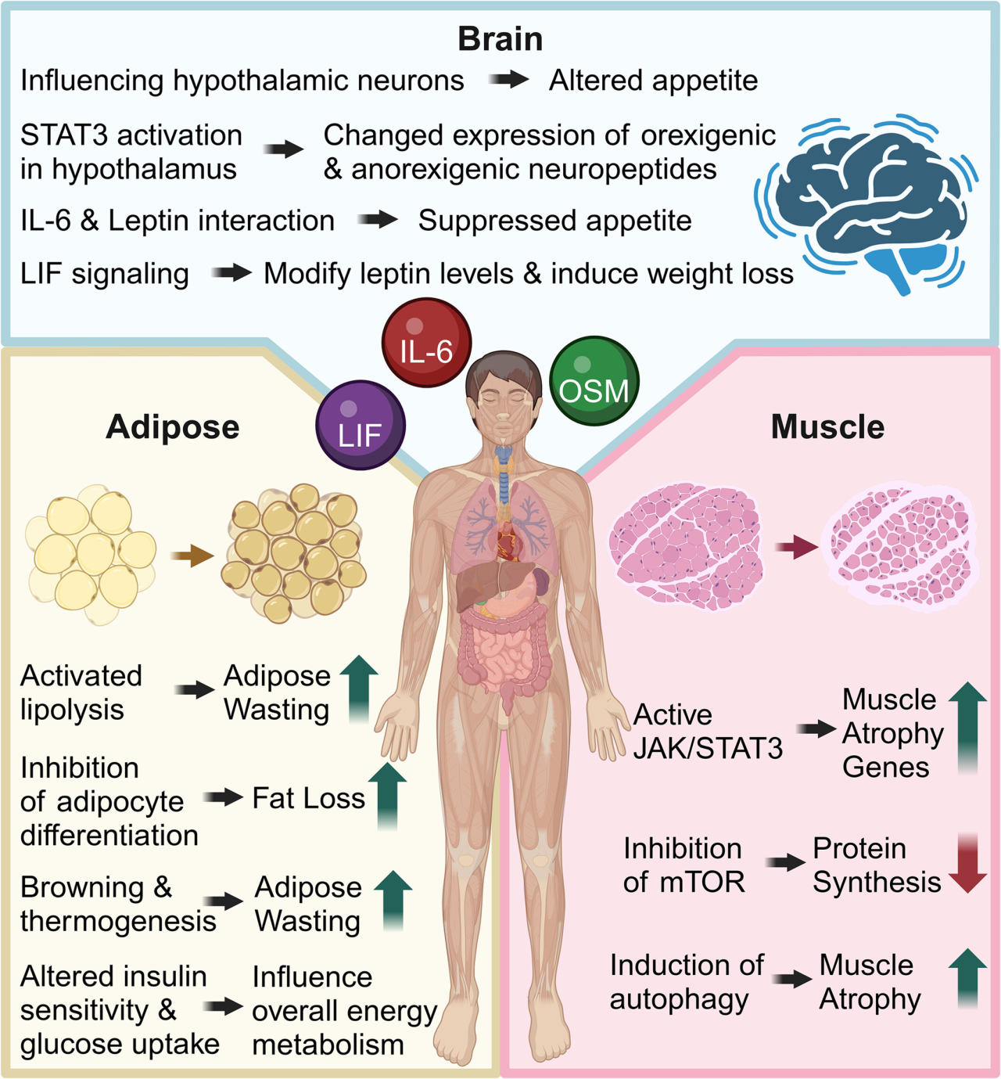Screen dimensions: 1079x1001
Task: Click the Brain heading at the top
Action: pyautogui.click(x=500, y=39)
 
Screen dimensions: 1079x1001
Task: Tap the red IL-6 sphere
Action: pyautogui.click(x=426, y=343)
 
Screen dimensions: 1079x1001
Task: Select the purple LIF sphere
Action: pyautogui.click(x=361, y=425)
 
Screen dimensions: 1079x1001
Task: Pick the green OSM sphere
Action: pyautogui.click(x=594, y=381)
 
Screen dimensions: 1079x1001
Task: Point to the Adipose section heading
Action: pyautogui.click(x=173, y=427)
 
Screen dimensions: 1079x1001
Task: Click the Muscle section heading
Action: pyautogui.click(x=827, y=427)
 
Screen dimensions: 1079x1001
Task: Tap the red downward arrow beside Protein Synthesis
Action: pyautogui.click(x=967, y=863)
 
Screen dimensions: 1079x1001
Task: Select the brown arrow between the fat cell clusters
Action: pyautogui.click(x=192, y=556)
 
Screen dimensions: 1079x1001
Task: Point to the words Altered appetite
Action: pyautogui.click(x=653, y=81)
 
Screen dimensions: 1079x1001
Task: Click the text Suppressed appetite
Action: pyautogui.click(x=554, y=221)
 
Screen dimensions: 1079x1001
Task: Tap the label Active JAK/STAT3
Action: pyautogui.click(x=707, y=732)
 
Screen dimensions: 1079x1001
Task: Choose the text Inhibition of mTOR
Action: pyautogui.click(x=683, y=865)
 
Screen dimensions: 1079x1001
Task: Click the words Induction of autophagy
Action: pyautogui.click(x=686, y=982)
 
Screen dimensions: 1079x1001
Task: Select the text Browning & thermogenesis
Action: pyautogui.click(x=117, y=904)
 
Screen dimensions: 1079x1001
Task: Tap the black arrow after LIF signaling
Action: pyautogui.click(x=231, y=273)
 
